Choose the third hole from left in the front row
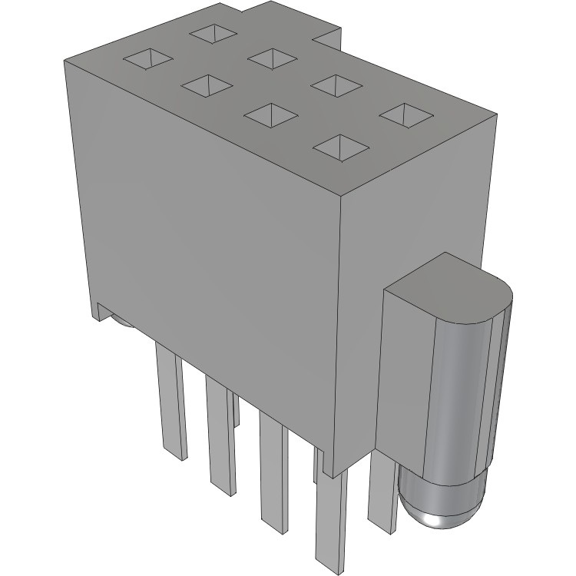pyautogui.click(x=270, y=115)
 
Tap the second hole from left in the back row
pyautogui.click(x=273, y=57)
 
